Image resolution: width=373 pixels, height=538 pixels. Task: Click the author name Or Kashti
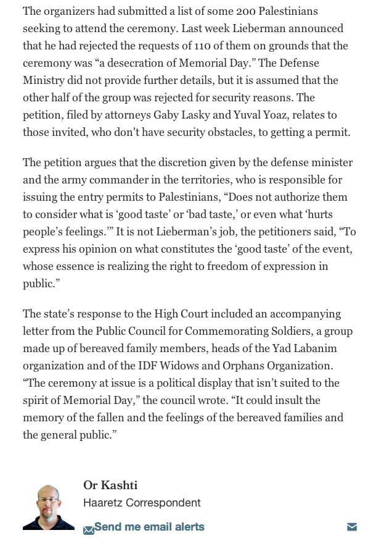[110, 485]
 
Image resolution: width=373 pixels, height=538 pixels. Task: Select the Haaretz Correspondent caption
[142, 503]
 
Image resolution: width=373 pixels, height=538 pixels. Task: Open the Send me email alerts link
[149, 527]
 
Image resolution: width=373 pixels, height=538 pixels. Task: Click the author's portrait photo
[49, 506]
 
